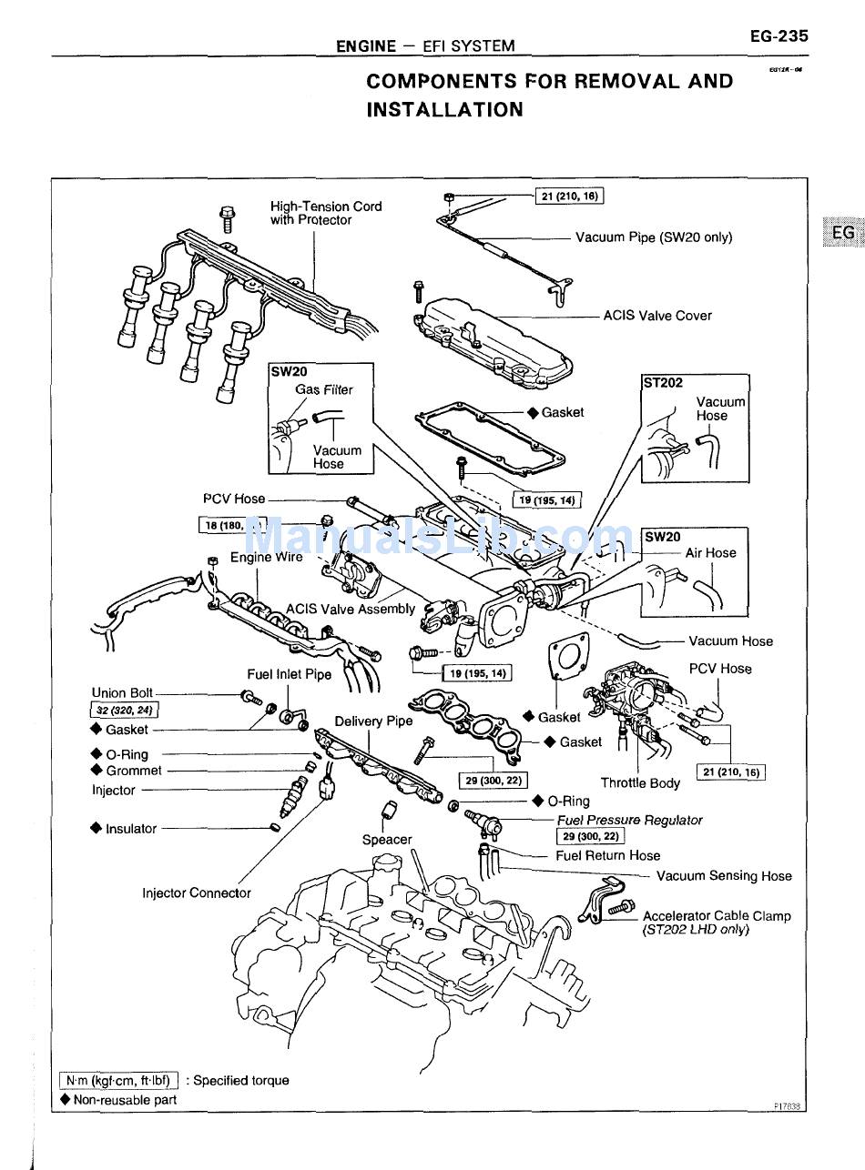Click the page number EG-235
778,37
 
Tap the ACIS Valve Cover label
657,316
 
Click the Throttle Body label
640,782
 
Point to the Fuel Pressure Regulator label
629,820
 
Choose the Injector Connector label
196,893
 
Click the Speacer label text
387,840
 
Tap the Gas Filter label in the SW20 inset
323,389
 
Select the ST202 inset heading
663,383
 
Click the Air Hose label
710,552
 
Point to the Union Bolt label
122,692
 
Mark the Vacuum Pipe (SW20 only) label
654,237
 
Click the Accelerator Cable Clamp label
717,916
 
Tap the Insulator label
131,829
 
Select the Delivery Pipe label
373,721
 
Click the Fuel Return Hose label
607,855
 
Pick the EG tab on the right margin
843,233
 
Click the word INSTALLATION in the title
444,110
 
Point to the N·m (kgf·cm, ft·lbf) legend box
119,1081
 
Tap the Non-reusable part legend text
125,1099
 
